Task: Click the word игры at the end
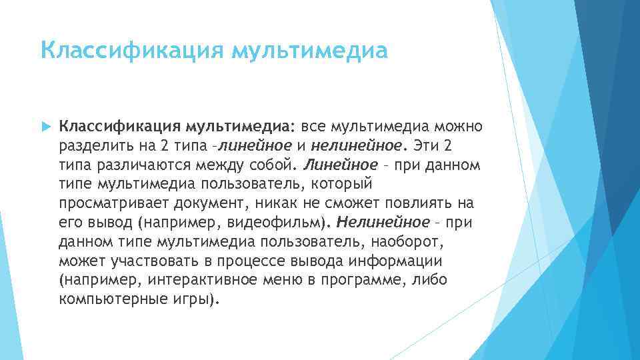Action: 194,299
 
